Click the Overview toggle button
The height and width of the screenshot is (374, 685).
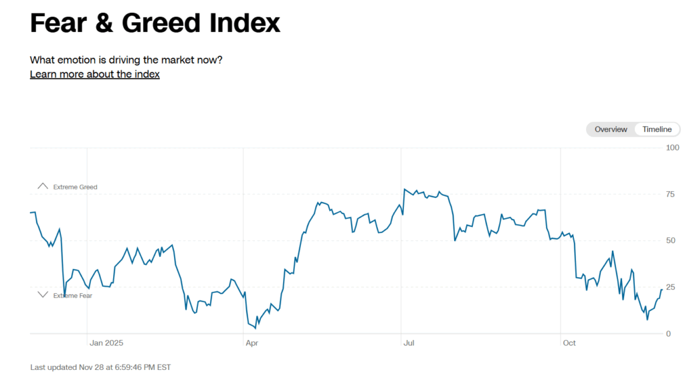click(x=611, y=129)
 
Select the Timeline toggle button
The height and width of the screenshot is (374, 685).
click(x=657, y=129)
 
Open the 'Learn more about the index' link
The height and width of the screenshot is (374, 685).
click(x=94, y=74)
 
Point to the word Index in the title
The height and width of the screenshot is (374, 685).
click(x=243, y=23)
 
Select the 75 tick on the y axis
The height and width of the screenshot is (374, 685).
click(x=670, y=194)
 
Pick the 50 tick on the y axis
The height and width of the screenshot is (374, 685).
click(x=670, y=240)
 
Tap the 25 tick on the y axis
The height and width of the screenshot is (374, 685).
click(x=670, y=287)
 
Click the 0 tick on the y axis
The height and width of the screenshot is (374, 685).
click(x=668, y=333)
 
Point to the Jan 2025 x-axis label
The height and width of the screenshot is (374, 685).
click(x=106, y=343)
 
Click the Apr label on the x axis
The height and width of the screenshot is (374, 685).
click(x=252, y=343)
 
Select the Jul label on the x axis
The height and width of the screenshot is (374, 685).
click(x=409, y=343)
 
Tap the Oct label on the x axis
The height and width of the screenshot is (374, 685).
click(x=569, y=343)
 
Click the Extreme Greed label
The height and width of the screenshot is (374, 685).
click(x=75, y=187)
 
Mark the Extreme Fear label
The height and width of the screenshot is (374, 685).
click(x=73, y=295)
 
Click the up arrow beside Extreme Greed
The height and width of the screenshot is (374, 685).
click(x=43, y=186)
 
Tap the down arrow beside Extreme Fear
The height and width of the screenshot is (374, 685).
click(x=43, y=294)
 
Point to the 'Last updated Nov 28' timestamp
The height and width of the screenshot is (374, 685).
click(x=100, y=367)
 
